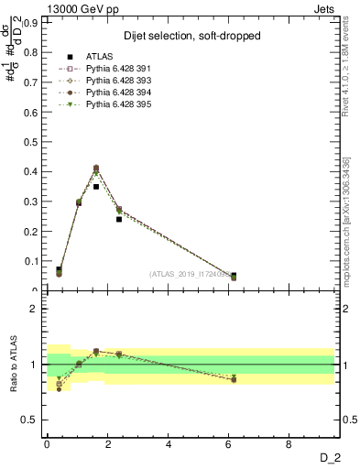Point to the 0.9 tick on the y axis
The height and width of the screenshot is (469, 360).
click(34, 20)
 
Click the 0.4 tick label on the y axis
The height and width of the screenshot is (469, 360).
click(34, 171)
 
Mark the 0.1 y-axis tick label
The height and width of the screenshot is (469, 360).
click(34, 261)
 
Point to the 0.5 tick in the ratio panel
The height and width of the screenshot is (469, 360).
click(34, 420)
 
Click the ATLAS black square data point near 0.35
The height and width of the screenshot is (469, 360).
click(96, 186)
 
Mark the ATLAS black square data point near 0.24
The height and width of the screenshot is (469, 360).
click(119, 219)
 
